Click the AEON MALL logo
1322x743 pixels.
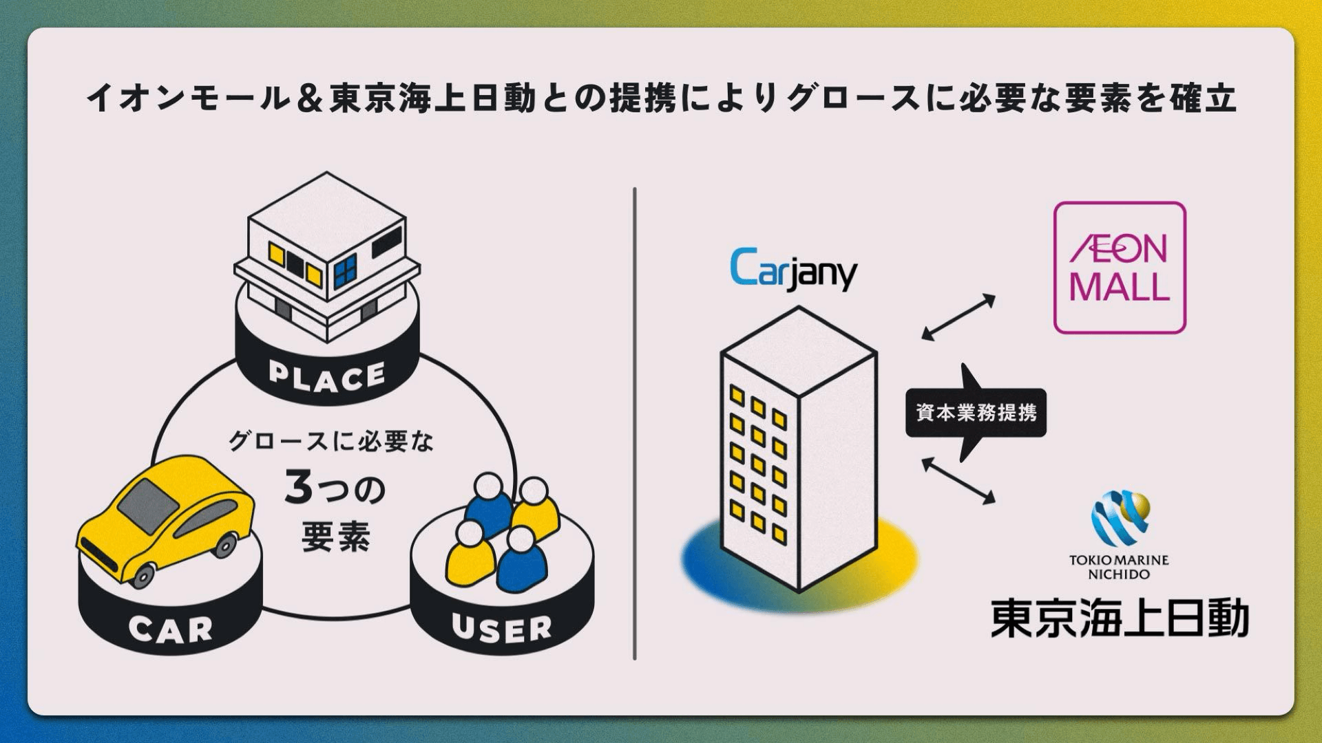point(1120,268)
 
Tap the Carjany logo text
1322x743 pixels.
point(793,270)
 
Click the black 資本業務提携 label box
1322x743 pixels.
point(976,413)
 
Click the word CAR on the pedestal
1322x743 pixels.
point(170,628)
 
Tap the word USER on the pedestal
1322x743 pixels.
point(502,628)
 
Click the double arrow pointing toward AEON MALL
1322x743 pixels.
point(958,317)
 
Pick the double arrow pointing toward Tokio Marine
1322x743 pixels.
point(958,481)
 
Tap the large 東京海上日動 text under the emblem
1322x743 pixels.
point(1120,618)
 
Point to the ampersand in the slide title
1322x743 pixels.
point(308,98)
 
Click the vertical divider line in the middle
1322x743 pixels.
point(634,423)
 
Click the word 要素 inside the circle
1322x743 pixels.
point(336,537)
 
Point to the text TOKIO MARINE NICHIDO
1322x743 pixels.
point(1119,567)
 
